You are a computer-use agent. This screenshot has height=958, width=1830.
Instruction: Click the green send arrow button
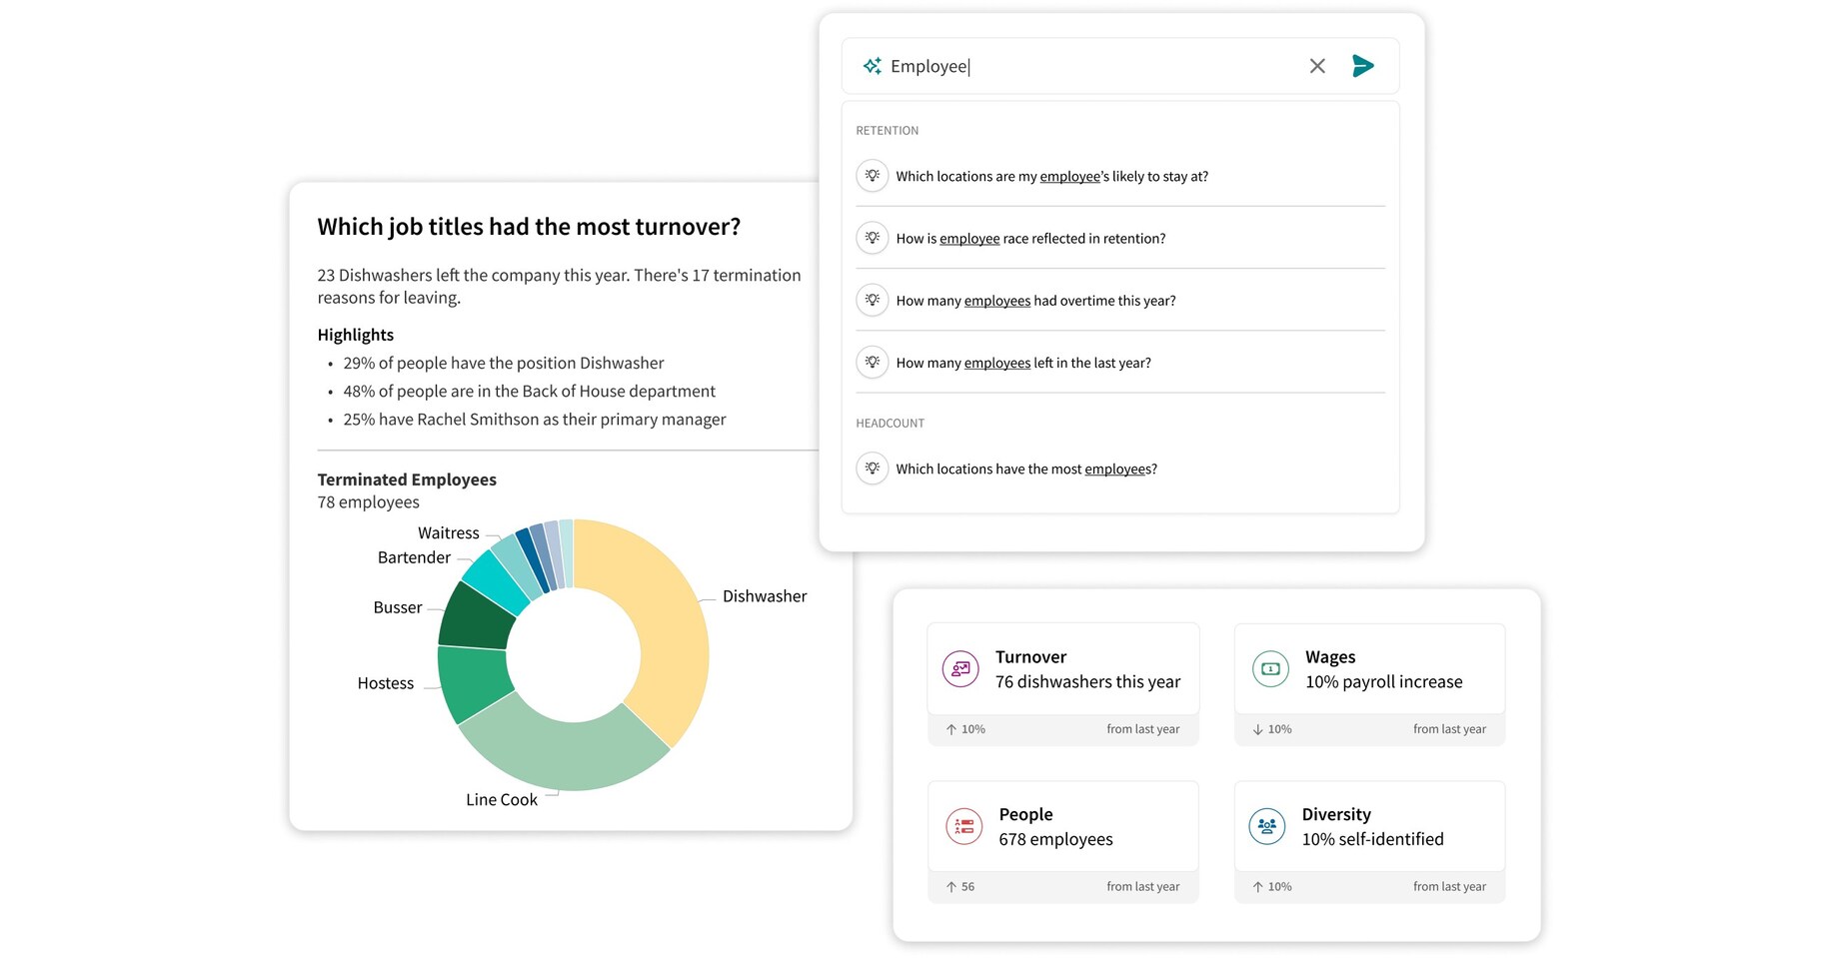[1362, 66]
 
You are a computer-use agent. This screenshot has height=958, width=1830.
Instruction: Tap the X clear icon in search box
[1317, 66]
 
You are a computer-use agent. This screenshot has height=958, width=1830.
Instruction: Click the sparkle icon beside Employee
[873, 66]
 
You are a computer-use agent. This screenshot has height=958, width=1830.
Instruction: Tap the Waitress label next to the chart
[448, 533]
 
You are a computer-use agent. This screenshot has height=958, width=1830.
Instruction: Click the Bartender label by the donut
[414, 557]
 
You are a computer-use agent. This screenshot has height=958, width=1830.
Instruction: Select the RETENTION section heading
[887, 131]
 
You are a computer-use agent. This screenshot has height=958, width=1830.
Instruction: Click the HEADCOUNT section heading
[890, 424]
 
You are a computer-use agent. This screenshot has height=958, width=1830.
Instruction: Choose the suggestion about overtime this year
[1035, 301]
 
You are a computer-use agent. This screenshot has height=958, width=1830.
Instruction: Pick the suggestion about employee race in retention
[1030, 239]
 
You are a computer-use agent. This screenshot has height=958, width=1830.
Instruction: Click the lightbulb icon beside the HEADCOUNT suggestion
[873, 469]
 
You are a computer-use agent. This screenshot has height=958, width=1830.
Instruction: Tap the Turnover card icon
[960, 669]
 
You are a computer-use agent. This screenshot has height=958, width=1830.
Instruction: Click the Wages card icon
[1270, 669]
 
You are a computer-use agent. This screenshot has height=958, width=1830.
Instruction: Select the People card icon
[963, 826]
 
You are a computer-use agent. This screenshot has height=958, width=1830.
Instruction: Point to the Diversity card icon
[1267, 826]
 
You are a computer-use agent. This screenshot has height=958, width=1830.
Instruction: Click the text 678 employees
[1055, 840]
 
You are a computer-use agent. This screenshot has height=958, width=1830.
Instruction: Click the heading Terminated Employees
[407, 479]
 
